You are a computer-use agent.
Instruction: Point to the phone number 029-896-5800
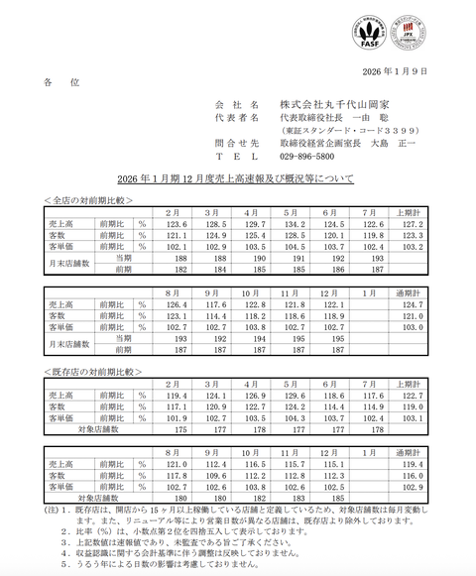click(306, 157)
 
